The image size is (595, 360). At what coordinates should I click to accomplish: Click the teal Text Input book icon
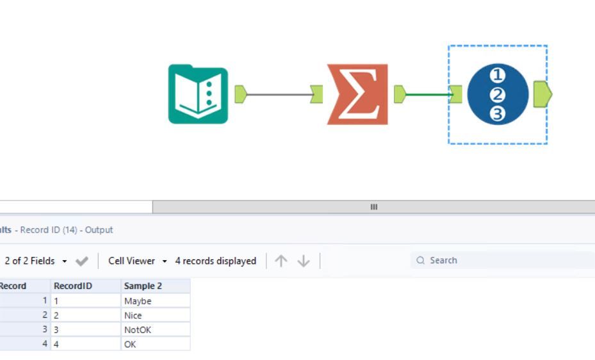click(198, 94)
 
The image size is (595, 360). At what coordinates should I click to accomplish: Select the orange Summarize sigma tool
click(357, 94)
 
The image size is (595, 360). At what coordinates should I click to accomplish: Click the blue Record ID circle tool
click(498, 94)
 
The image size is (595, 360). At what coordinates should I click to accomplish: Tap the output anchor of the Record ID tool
click(542, 94)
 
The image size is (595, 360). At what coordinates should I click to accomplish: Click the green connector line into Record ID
click(428, 94)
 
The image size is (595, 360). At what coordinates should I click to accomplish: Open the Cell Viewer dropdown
click(137, 261)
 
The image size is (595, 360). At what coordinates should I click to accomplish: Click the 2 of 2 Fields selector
click(36, 261)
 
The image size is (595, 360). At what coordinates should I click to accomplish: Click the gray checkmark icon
click(81, 261)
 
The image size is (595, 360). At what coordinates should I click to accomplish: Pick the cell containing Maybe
click(156, 301)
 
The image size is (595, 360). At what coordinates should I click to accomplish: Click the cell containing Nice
click(156, 315)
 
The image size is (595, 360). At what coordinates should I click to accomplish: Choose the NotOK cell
click(156, 330)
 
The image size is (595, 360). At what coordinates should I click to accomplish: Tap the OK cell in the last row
click(156, 344)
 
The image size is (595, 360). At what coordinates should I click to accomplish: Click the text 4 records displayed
click(216, 261)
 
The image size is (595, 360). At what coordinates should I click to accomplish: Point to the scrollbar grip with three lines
click(374, 207)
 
